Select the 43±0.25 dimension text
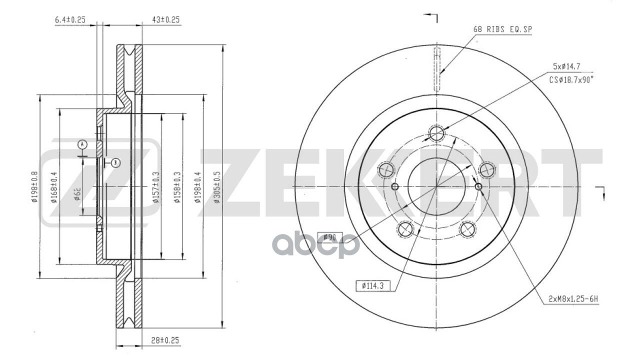[x=165, y=19]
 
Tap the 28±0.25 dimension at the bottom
[x=164, y=340]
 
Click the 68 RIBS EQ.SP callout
[x=502, y=29]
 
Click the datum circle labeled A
[x=82, y=144]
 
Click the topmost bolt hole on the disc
[x=436, y=133]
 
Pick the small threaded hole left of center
[x=394, y=186]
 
